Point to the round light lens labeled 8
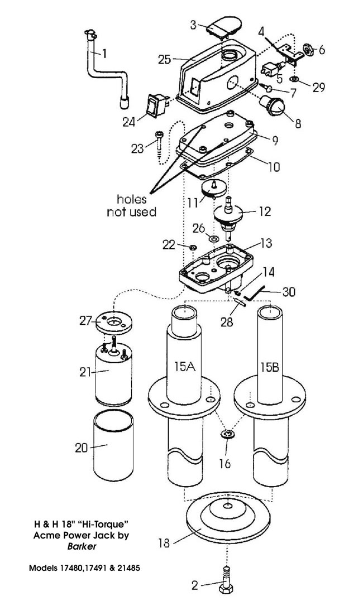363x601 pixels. click(273, 105)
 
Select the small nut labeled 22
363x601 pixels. click(193, 246)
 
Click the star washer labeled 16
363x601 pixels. click(226, 435)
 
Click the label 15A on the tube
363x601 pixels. click(184, 368)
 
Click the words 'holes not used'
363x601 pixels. click(132, 205)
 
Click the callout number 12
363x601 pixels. click(264, 211)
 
